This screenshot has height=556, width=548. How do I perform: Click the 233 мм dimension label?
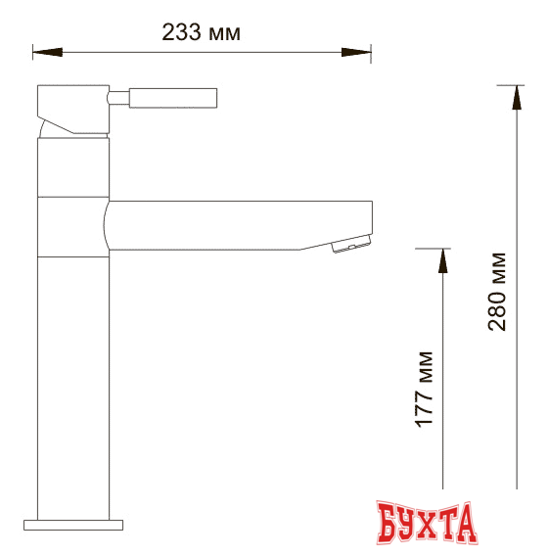coord(201,32)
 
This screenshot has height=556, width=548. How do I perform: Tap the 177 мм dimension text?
coord(425,388)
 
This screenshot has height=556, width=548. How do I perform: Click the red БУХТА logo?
coord(427,523)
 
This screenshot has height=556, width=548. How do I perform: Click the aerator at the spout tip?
coord(351,247)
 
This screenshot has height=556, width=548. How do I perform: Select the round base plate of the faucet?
coord(73,523)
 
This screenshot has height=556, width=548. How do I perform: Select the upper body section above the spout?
coord(73,166)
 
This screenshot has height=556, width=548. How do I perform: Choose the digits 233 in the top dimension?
coord(183,32)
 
